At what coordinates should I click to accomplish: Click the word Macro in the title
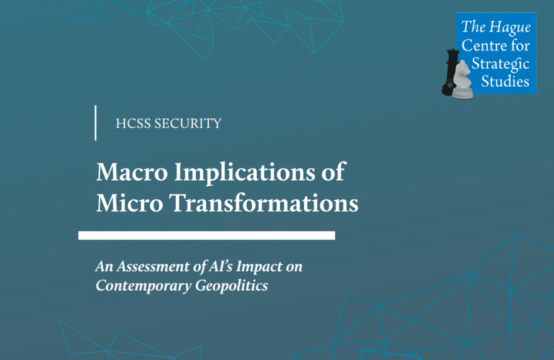[132, 172]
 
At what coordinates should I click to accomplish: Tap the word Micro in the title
[130, 203]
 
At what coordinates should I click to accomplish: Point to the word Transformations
[264, 203]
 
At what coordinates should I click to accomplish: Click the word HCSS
[133, 123]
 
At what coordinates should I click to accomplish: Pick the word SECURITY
[188, 123]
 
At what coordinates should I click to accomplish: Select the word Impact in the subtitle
[259, 267]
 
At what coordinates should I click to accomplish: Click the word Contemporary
[144, 286]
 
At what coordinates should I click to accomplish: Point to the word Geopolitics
[232, 286]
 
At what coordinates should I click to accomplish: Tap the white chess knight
[463, 80]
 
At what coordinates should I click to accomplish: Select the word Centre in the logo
[482, 45]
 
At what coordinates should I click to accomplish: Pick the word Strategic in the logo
[500, 64]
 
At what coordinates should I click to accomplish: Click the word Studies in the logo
[506, 81]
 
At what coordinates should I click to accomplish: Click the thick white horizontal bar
[206, 235]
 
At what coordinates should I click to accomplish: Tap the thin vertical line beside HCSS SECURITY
[96, 123]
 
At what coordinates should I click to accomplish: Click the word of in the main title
[333, 172]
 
